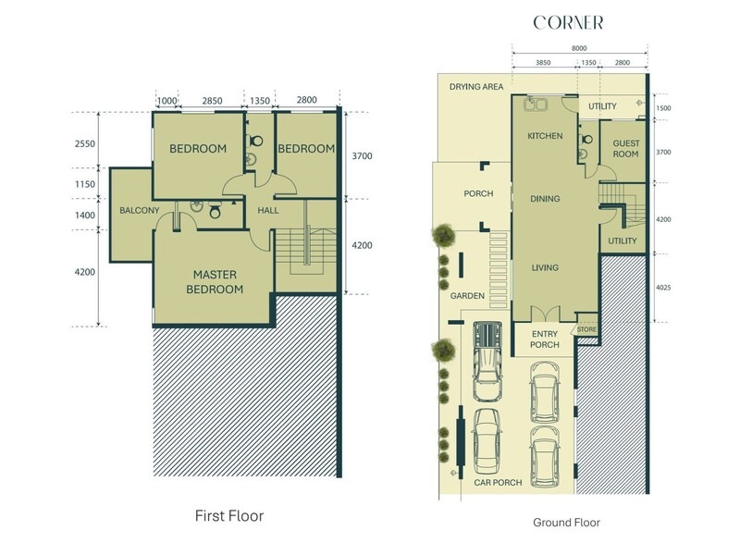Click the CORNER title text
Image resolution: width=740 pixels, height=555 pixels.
[x=568, y=22]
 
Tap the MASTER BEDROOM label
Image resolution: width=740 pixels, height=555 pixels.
[x=218, y=282]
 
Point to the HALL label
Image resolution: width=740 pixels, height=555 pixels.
[x=268, y=211]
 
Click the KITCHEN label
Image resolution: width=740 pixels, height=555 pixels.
[x=545, y=136]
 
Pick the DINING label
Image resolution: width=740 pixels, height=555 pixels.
[x=545, y=199]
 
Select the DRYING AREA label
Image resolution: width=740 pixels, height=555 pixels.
[x=475, y=86]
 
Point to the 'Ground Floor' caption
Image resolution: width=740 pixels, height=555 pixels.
[x=566, y=523]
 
